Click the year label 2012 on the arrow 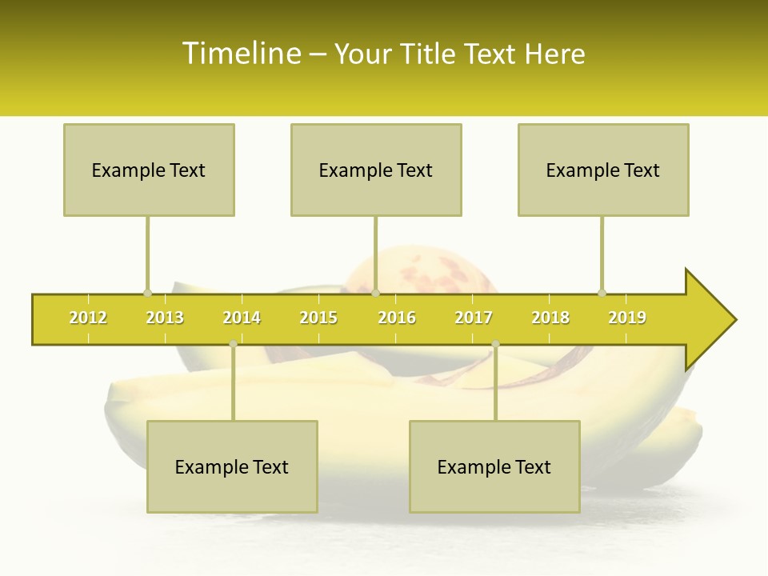tap(88, 318)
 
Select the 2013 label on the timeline tap(165, 318)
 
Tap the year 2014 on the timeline tap(242, 318)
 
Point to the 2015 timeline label tap(318, 318)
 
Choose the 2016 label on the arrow tap(397, 318)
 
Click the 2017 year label tap(474, 318)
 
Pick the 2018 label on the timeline tap(550, 318)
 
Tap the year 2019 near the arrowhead tap(627, 318)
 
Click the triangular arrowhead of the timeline tap(709, 320)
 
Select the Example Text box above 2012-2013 tap(149, 170)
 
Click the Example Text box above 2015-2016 tap(376, 170)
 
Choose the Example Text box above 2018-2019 tap(603, 170)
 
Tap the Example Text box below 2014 tap(232, 466)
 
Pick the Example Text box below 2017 tap(494, 466)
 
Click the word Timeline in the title tap(240, 54)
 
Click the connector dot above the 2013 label tap(147, 293)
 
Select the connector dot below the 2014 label tap(233, 344)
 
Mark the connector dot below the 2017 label tap(495, 344)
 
